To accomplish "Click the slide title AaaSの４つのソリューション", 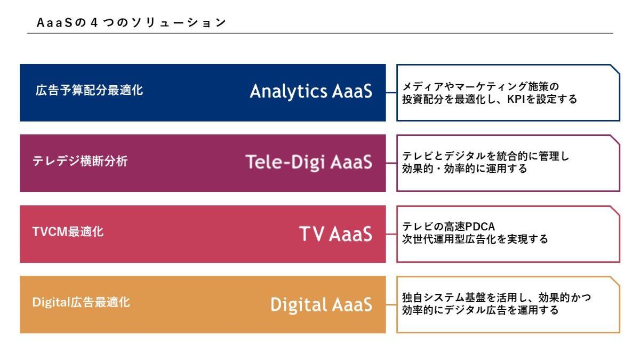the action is pyautogui.click(x=131, y=22).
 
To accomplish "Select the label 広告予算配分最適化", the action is pyautogui.click(x=89, y=90).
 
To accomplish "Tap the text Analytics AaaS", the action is pyautogui.click(x=311, y=91).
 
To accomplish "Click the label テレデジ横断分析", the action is pyautogui.click(x=80, y=161).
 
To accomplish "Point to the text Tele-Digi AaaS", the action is pyautogui.click(x=309, y=162).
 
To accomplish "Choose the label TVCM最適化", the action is pyautogui.click(x=68, y=231).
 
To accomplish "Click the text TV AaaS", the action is pyautogui.click(x=335, y=234).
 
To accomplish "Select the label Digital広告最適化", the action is pyautogui.click(x=81, y=302).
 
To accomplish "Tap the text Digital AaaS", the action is pyautogui.click(x=322, y=305).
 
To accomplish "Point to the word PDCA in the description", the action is pyautogui.click(x=480, y=227).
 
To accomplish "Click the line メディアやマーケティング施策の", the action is pyautogui.click(x=481, y=86).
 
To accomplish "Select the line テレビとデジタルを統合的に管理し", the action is pyautogui.click(x=485, y=156).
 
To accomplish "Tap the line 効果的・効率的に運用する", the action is pyautogui.click(x=465, y=169).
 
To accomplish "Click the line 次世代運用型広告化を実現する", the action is pyautogui.click(x=475, y=239).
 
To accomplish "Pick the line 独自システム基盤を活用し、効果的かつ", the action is pyautogui.click(x=497, y=298).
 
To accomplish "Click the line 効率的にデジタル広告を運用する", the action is pyautogui.click(x=481, y=310).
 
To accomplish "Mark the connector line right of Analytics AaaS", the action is pyautogui.click(x=391, y=93).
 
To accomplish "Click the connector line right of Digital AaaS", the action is pyautogui.click(x=391, y=305).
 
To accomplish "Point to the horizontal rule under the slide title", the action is pyautogui.click(x=320, y=33).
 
